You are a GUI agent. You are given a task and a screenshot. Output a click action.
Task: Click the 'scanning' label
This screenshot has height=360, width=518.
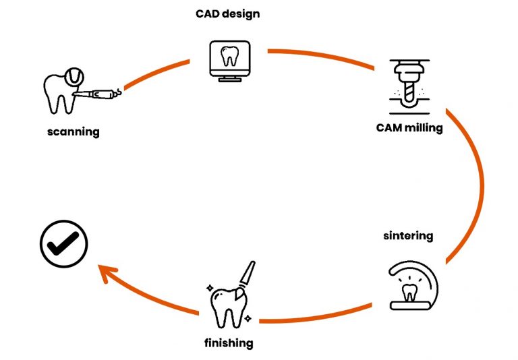pyautogui.click(x=73, y=131)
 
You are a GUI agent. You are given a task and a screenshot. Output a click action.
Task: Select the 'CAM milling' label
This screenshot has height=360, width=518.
pyautogui.click(x=409, y=127)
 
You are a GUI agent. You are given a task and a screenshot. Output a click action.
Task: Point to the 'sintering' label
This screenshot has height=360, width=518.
pyautogui.click(x=408, y=236)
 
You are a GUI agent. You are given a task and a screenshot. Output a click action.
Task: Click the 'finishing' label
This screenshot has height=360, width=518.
pyautogui.click(x=229, y=343)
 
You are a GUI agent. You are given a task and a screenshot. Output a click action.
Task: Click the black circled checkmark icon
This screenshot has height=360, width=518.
pyautogui.click(x=63, y=244)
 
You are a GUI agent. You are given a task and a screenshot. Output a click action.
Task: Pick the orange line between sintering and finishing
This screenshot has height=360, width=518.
pyautogui.click(x=324, y=319)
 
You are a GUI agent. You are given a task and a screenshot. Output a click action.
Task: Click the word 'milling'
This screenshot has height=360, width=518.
pyautogui.click(x=424, y=127)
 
